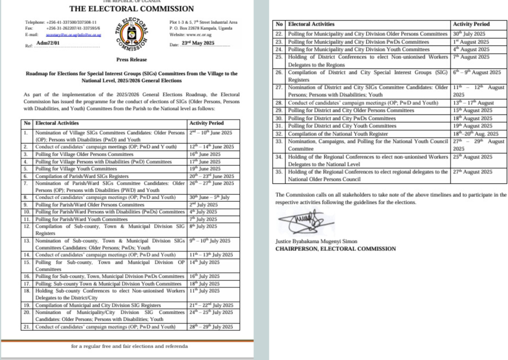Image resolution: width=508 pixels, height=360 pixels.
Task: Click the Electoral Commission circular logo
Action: tap(132, 36)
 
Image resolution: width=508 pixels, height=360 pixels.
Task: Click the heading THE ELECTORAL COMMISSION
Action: tap(131, 8)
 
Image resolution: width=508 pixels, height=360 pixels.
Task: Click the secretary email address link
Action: tap(73, 35)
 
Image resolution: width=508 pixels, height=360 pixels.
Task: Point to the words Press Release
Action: tap(131, 59)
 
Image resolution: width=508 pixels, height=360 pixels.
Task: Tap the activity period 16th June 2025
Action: tap(206, 154)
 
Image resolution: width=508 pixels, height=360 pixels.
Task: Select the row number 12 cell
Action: tap(27, 226)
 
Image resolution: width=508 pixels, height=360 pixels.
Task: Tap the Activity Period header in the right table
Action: tap(471, 24)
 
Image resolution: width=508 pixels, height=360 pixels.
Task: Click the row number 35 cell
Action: tap(280, 172)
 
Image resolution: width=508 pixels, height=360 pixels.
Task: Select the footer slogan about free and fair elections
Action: tap(129, 346)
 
